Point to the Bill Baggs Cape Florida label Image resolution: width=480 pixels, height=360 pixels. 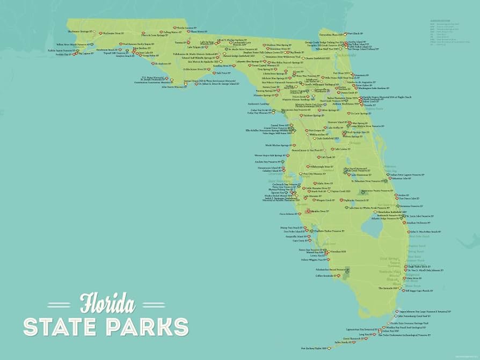point(419,291)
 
